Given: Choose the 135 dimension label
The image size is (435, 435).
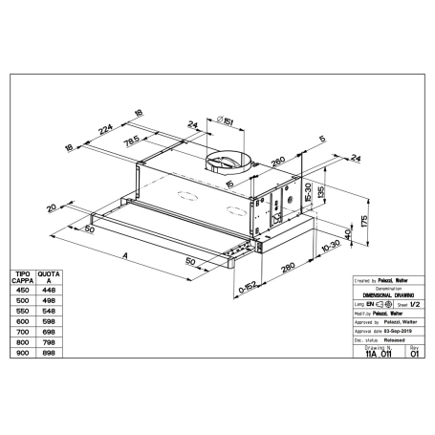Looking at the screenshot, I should coord(322,190).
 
